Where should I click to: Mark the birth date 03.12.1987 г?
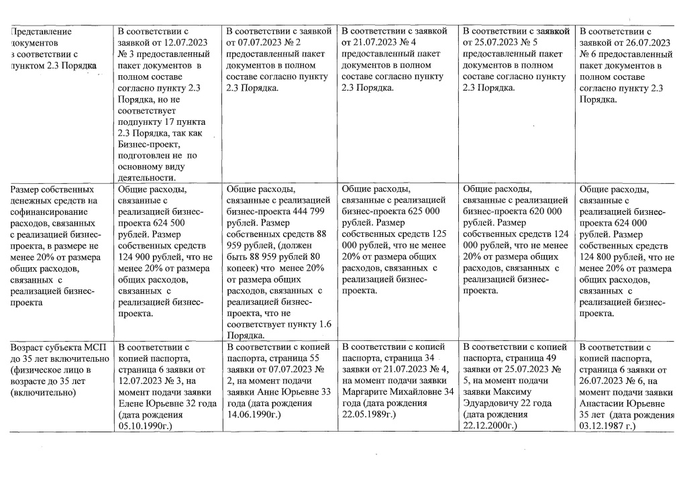606,425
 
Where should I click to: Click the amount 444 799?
306,211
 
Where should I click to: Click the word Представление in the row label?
41,31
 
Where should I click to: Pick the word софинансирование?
44,211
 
